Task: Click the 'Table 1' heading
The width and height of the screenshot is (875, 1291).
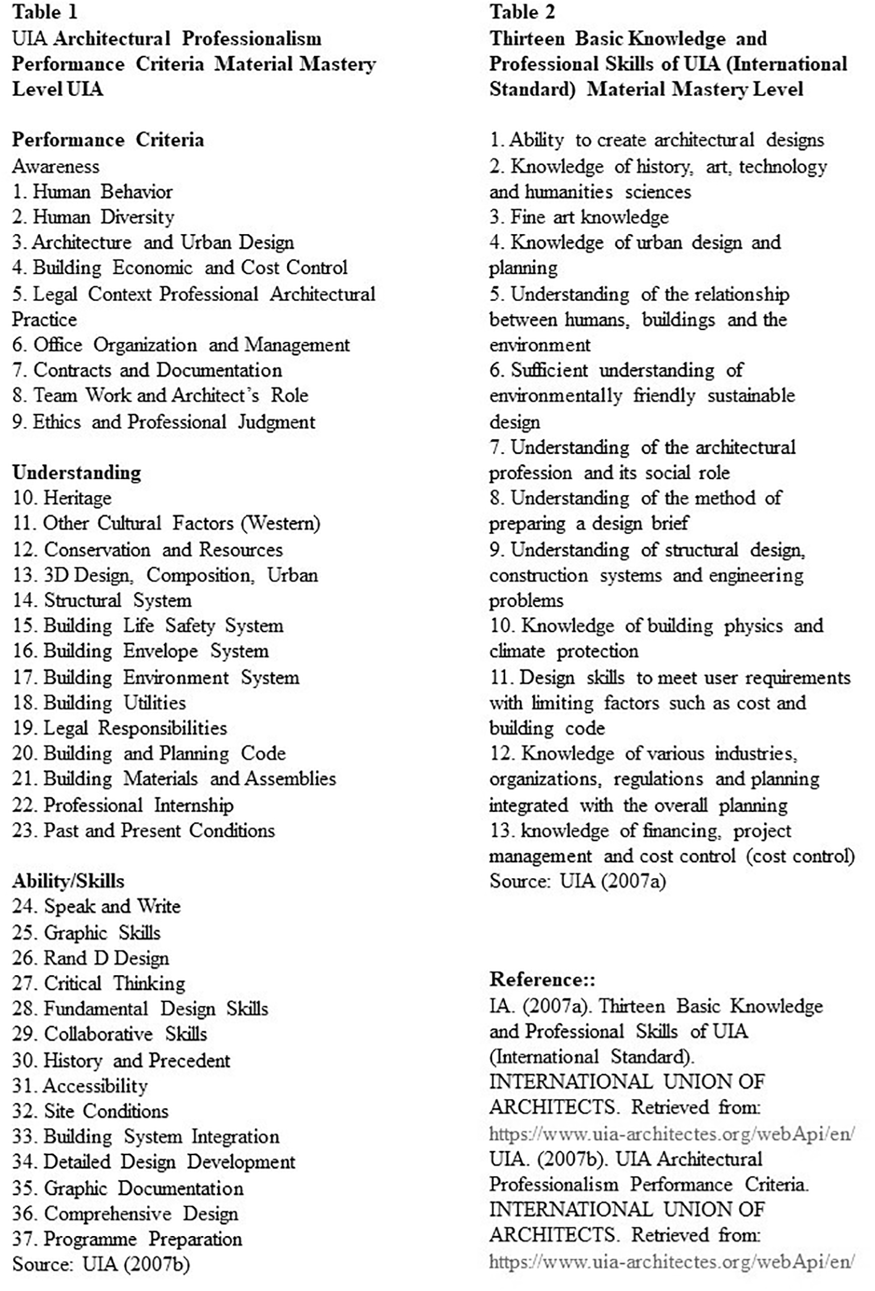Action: pos(44,12)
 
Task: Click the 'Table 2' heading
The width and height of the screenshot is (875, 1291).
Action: pos(522,12)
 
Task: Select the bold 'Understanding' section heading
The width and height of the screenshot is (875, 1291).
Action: pos(77,473)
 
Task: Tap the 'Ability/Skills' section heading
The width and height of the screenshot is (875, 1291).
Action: pos(68,881)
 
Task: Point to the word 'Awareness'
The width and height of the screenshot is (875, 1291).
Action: pos(56,166)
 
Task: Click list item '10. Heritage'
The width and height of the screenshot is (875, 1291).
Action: pos(62,498)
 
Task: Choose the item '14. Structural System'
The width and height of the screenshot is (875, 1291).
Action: pos(103,601)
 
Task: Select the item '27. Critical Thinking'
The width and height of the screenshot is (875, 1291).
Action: pos(99,983)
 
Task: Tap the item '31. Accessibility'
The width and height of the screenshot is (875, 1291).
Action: pos(80,1086)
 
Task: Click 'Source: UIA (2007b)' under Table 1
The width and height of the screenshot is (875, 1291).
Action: pos(101,1264)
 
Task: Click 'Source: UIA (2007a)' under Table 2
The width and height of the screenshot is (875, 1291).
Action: pos(577,881)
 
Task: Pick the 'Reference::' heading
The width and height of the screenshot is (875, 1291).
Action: pos(542,980)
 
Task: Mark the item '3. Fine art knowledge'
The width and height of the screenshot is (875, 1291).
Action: pos(579,217)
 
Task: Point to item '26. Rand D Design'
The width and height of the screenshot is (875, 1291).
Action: pos(91,958)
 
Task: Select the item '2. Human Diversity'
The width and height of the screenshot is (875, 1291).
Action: pos(93,217)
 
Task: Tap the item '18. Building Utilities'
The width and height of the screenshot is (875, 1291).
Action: pos(99,703)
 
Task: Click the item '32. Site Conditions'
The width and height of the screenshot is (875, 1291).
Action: pos(91,1111)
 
